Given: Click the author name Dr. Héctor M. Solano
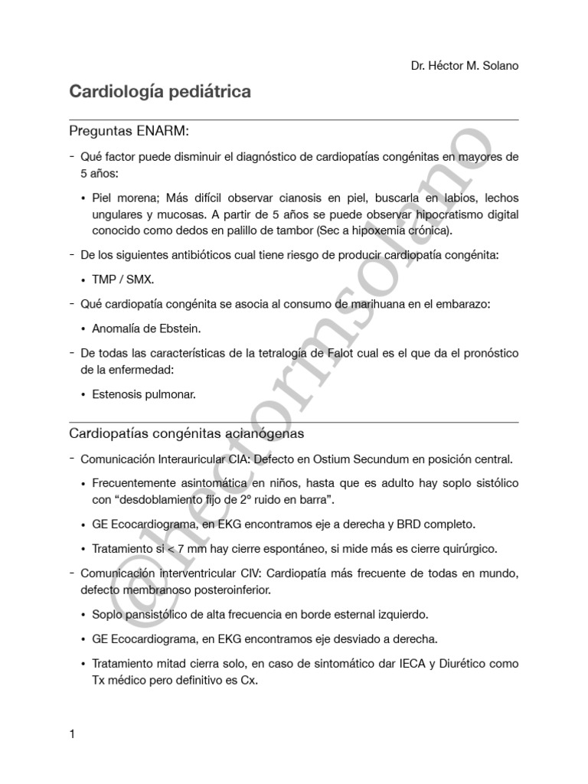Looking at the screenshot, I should [465, 66].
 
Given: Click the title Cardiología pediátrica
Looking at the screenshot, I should [160, 92].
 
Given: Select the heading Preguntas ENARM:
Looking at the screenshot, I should [129, 131].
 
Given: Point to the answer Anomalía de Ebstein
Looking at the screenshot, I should [145, 328].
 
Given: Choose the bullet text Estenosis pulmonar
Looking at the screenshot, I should [144, 395].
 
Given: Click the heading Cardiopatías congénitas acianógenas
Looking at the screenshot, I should [187, 433].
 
